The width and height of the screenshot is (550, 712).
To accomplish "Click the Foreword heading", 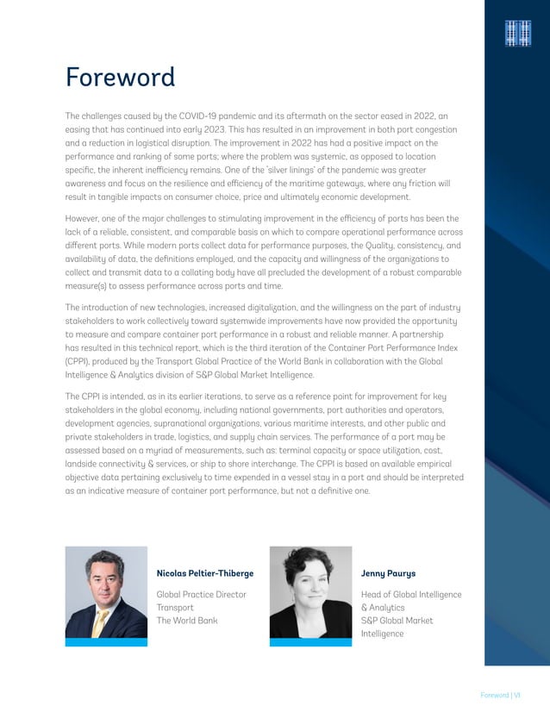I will pyautogui.click(x=120, y=78).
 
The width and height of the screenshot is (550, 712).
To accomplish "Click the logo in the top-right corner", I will pyautogui.click(x=516, y=32).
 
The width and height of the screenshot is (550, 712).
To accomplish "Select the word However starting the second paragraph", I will pyautogui.click(x=85, y=218).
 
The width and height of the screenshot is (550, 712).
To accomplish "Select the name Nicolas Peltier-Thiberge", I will pyautogui.click(x=205, y=572).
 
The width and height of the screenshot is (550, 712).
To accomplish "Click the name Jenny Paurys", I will pyautogui.click(x=387, y=572).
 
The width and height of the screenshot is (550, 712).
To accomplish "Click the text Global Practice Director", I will pyautogui.click(x=201, y=595).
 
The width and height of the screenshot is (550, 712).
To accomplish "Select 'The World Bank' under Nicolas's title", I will pyautogui.click(x=187, y=621).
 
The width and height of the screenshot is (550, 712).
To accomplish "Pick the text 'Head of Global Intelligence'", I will pyautogui.click(x=410, y=595).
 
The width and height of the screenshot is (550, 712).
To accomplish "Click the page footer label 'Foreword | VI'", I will pyautogui.click(x=500, y=695).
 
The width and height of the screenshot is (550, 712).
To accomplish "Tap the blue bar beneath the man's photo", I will pyautogui.click(x=106, y=642).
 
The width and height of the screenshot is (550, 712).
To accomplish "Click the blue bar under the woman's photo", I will pyautogui.click(x=310, y=642).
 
